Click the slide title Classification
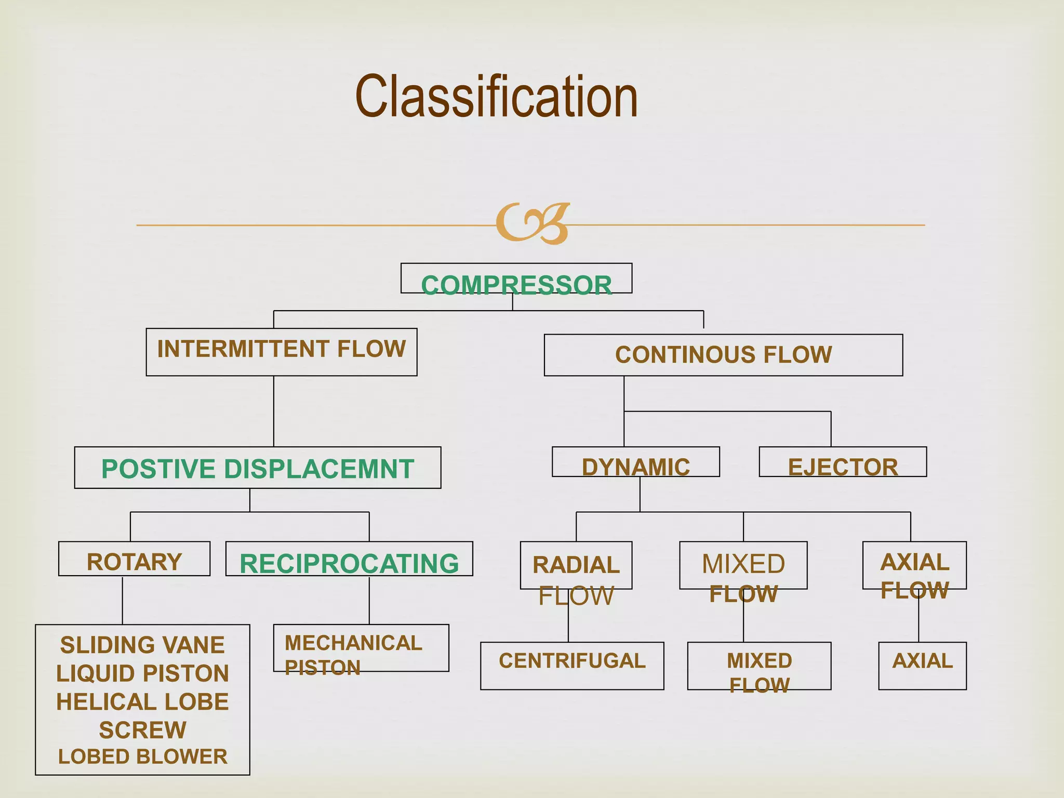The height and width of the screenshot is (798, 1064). tap(496, 97)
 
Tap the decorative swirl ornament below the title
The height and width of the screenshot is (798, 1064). tap(533, 223)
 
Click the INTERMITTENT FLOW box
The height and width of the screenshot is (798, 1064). tap(281, 351)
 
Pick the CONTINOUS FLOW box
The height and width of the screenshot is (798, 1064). tap(723, 355)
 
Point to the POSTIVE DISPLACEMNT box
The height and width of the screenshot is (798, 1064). tap(258, 468)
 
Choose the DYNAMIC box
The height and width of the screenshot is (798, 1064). tap(635, 462)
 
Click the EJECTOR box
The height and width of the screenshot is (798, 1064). tap(843, 462)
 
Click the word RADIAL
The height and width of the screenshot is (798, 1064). tap(576, 565)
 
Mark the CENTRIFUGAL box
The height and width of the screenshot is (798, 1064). tap(572, 666)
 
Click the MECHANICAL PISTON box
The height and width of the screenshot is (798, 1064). tap(361, 648)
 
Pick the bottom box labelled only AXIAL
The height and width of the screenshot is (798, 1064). tap(922, 666)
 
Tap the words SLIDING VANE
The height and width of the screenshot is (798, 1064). tap(142, 645)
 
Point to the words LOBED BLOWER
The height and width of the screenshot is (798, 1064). tap(142, 756)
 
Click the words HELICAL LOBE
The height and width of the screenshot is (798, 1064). tap(142, 702)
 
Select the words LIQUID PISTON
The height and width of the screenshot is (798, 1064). tap(142, 673)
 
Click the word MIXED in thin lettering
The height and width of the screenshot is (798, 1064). tap(743, 564)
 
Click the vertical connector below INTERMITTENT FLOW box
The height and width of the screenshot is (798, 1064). tap(274, 411)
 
